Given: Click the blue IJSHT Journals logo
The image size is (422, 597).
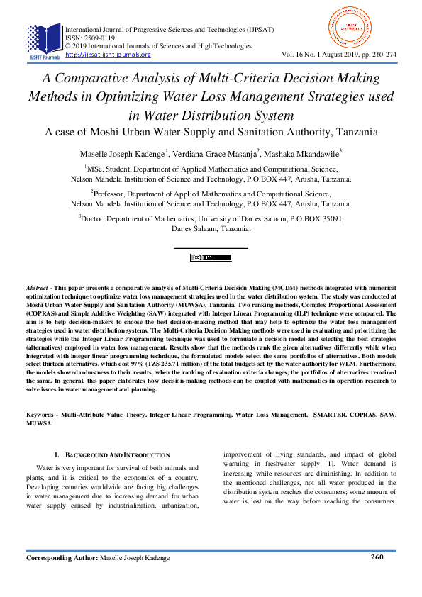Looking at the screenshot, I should [44, 40].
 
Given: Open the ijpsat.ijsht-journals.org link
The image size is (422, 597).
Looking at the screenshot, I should [108, 55].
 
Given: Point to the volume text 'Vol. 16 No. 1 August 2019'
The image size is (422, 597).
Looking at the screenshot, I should [323, 55].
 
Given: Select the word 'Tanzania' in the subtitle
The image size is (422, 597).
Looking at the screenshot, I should [352, 132].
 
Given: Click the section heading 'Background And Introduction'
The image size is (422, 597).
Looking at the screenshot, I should [117, 454].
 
